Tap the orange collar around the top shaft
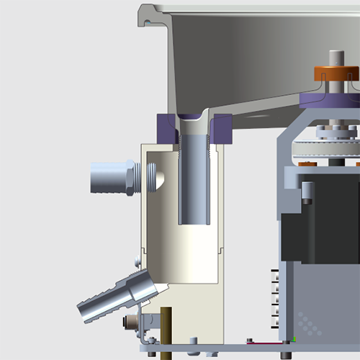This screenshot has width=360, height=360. click(x=336, y=73)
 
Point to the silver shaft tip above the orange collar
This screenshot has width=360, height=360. click(x=336, y=58)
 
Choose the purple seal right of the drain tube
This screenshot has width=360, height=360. click(x=221, y=128)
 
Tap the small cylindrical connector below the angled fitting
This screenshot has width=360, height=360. click(x=132, y=322)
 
